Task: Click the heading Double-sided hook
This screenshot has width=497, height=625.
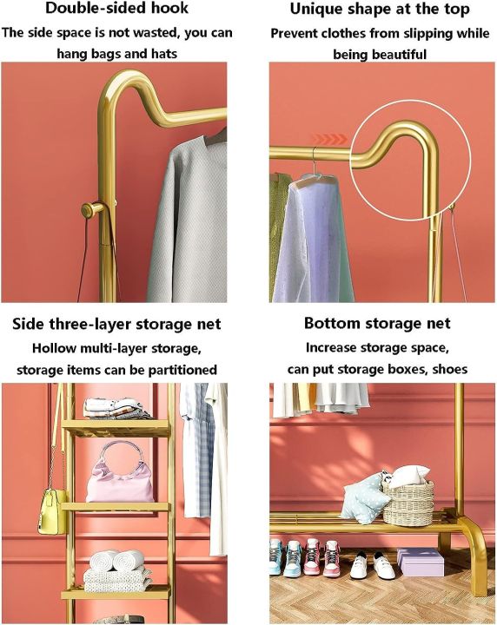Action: (116, 8)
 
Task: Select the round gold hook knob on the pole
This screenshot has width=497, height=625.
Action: (90, 210)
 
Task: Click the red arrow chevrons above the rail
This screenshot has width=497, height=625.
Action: (329, 139)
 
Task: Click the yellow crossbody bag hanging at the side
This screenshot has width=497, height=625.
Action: (52, 511)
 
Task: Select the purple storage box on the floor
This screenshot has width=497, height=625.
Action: (421, 562)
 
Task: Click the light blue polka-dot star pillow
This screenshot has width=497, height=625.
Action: (363, 498)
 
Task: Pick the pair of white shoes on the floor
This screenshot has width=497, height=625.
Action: (372, 566)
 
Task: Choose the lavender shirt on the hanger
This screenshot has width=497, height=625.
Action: (309, 240)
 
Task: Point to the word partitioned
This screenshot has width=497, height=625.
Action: (182, 371)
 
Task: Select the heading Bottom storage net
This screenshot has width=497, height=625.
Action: (377, 323)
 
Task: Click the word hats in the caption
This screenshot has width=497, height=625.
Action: (163, 54)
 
